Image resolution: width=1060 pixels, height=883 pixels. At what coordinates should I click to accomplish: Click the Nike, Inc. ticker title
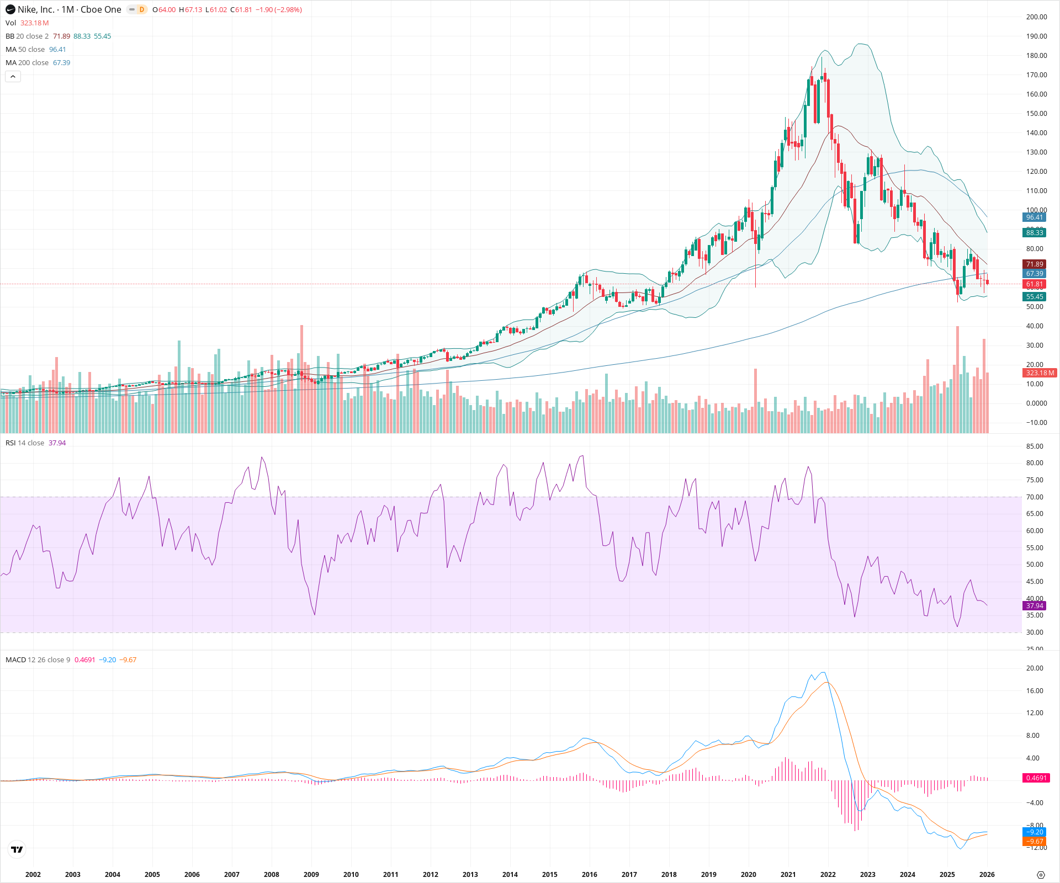click(x=69, y=9)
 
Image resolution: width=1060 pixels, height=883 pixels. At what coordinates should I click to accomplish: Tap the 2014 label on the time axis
click(x=510, y=874)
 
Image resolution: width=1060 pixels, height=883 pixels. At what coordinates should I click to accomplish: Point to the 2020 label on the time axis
click(x=748, y=874)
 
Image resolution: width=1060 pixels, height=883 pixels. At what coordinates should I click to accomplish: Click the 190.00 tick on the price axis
click(x=1036, y=36)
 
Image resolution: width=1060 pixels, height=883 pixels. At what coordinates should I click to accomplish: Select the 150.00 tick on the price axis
click(x=1036, y=114)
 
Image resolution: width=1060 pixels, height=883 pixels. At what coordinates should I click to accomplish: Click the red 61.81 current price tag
click(x=1034, y=284)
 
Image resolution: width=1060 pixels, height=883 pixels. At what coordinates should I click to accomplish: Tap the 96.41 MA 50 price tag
click(x=1034, y=217)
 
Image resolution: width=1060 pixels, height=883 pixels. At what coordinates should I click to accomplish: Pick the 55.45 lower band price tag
click(x=1034, y=297)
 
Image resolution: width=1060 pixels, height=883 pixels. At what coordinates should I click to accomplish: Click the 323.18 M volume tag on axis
click(x=1040, y=373)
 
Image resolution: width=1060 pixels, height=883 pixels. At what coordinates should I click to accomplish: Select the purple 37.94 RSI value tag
click(x=1034, y=606)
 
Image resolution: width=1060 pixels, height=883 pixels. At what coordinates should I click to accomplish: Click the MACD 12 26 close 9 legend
click(x=38, y=659)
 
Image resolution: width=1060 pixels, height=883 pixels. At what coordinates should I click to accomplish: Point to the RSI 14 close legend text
click(x=25, y=443)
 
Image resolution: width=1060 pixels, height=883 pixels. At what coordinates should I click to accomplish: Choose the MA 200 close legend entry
click(x=27, y=63)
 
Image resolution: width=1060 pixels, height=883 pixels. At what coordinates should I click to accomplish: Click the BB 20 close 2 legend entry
click(x=27, y=36)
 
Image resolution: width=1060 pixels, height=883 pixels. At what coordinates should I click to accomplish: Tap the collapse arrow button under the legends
click(x=13, y=77)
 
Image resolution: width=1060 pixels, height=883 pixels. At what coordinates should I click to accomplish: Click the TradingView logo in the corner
click(x=17, y=849)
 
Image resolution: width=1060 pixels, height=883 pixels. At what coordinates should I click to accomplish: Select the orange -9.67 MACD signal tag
click(x=1034, y=842)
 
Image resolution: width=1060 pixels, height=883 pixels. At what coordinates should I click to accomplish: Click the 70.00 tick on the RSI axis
click(x=1034, y=497)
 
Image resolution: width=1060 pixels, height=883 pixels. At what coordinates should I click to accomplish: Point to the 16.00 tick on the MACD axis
click(x=1034, y=691)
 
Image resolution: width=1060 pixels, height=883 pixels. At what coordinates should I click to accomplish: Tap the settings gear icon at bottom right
click(x=1041, y=875)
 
